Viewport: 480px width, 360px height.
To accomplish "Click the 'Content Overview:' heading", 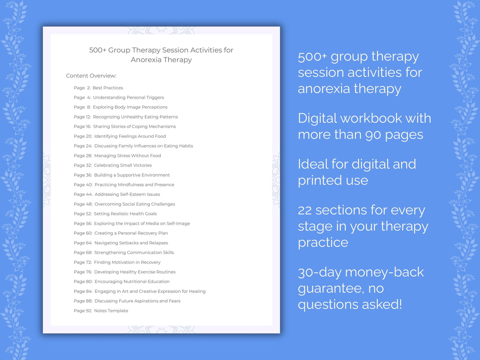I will tap(91, 76).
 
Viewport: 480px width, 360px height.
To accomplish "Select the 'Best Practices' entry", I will tap(108, 88).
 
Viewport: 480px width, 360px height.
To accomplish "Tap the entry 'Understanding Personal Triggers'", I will tap(128, 98).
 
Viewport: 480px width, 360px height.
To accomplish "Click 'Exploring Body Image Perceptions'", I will tap(130, 107).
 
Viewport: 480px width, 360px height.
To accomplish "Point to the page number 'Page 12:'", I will tap(82, 117).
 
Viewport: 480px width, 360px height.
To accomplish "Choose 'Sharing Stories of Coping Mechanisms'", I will tap(134, 127).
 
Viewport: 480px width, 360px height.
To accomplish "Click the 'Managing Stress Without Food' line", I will tap(128, 156).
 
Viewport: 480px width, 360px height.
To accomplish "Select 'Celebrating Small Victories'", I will tap(123, 165).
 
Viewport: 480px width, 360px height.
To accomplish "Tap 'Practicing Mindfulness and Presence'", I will tap(134, 185).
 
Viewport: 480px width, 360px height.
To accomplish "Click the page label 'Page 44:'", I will tap(83, 194).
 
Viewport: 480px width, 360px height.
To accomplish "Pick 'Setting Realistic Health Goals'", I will tap(125, 214).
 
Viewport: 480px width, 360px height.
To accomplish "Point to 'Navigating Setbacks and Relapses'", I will tap(131, 243).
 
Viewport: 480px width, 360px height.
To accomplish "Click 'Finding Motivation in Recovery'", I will tap(127, 262).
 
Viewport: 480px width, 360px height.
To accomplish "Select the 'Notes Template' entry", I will tap(111, 311).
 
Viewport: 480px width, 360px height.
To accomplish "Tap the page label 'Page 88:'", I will tap(83, 301).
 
